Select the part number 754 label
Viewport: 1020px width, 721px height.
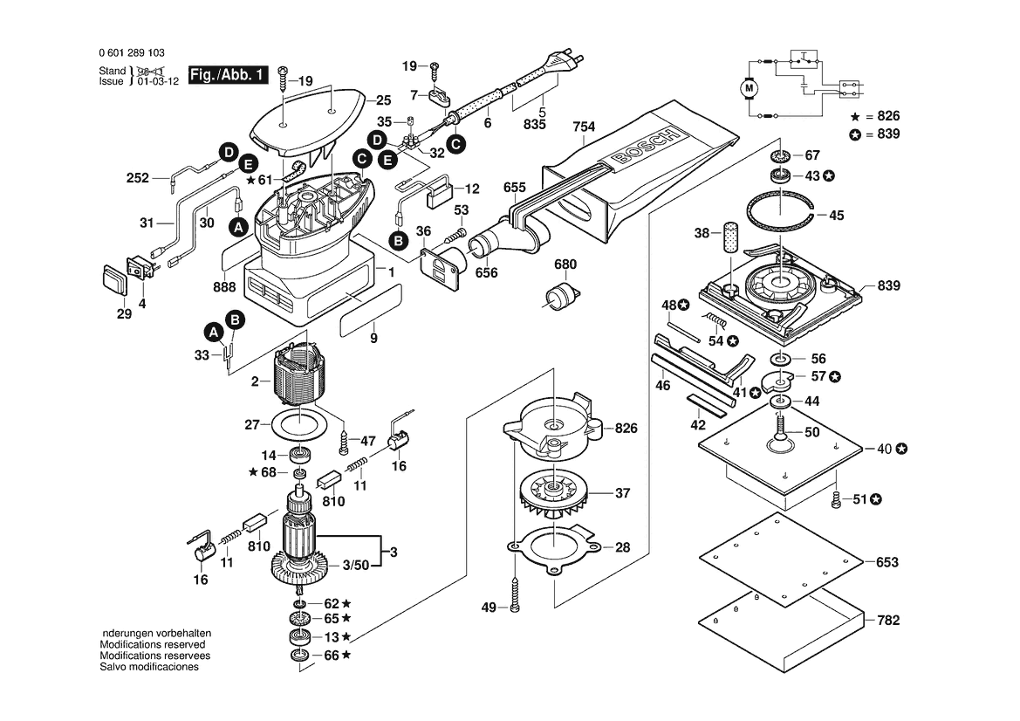[584, 127]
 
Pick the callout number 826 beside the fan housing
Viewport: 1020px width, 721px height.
[626, 429]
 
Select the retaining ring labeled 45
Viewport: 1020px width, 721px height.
[782, 213]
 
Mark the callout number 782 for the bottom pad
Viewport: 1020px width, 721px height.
[887, 621]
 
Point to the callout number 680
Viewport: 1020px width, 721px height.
[566, 264]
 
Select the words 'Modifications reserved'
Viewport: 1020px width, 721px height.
[153, 644]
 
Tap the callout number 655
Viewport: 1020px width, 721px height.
[515, 188]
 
